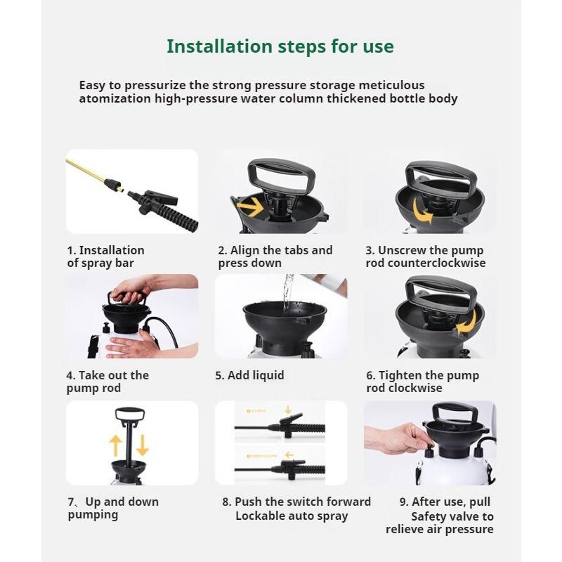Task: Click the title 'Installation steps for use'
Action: tap(280, 47)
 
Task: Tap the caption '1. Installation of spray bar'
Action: tap(105, 256)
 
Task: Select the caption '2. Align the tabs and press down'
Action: tap(275, 256)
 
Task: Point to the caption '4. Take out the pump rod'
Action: tap(107, 381)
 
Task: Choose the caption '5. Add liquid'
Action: tap(249, 375)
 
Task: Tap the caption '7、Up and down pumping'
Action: tap(113, 508)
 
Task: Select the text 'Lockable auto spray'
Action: tap(292, 516)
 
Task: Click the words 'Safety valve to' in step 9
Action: tap(452, 516)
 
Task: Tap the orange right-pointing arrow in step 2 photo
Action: tap(249, 207)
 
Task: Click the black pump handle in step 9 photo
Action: tap(451, 412)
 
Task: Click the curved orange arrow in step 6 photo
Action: tap(466, 323)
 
